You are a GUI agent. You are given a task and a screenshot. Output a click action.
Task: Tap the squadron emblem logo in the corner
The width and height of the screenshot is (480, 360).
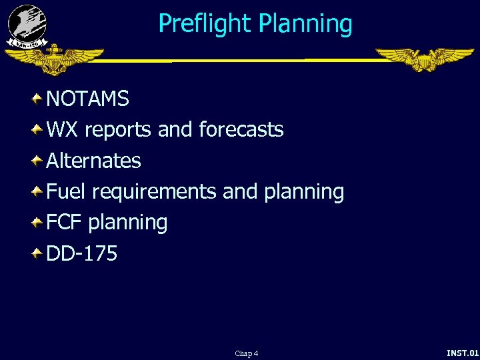point(27,25)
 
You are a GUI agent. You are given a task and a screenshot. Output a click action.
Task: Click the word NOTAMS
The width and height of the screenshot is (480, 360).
point(87,99)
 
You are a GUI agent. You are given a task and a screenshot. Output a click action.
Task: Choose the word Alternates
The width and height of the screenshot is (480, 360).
point(93,161)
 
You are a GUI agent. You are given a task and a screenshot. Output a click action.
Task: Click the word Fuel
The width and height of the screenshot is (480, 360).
point(65,191)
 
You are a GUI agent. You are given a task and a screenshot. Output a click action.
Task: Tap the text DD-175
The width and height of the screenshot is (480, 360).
point(81,253)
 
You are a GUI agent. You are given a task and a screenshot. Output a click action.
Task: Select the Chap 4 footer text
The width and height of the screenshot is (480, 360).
point(246,353)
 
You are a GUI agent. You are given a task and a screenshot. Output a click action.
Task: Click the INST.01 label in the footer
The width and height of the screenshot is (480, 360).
point(463,353)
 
